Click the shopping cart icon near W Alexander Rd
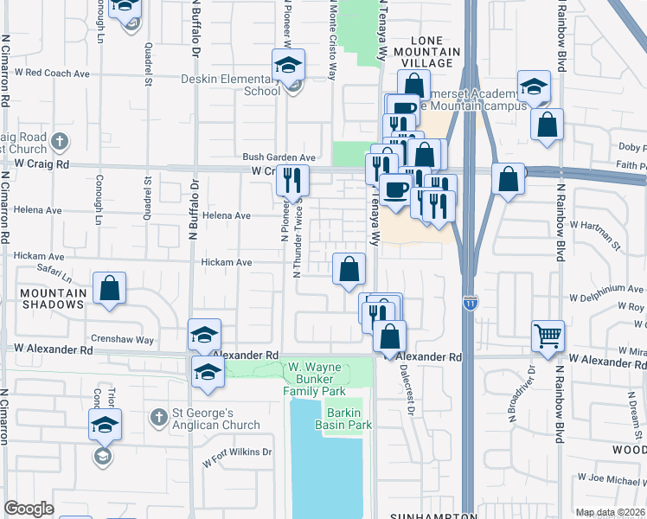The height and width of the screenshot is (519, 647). coord(549,334)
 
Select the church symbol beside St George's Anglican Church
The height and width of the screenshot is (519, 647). coord(157,418)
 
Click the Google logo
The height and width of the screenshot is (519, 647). coord(29,509)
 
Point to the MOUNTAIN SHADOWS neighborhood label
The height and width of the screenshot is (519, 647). coord(54,298)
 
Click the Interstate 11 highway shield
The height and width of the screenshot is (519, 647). coord(470,303)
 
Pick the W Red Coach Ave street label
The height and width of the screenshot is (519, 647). coord(58,74)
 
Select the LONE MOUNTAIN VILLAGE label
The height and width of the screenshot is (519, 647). coord(426,52)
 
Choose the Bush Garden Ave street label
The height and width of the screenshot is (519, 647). coord(279,157)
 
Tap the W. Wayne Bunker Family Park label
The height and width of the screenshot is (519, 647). coord(315,379)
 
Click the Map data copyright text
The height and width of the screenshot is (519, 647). coord(610,512)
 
